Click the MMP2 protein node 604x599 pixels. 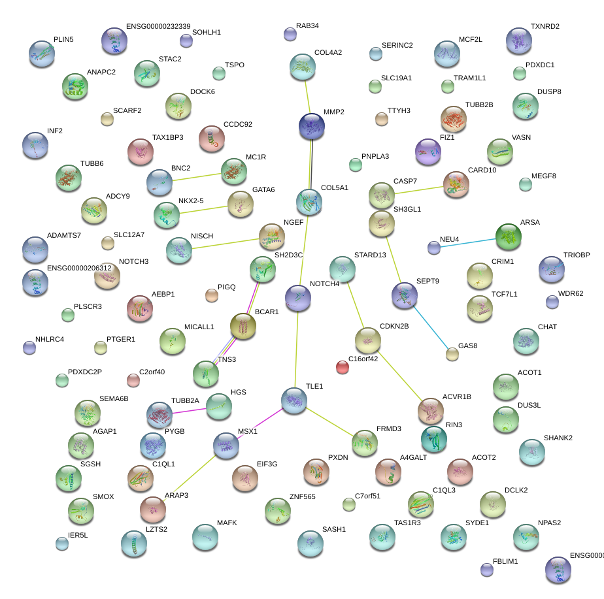pos(312,125)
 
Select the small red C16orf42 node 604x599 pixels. pos(343,367)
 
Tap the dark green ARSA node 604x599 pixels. pos(509,236)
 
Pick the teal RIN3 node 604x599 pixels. pos(434,439)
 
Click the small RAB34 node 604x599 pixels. pos(290,34)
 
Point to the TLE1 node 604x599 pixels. pos(294,400)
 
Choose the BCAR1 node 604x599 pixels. pos(243,326)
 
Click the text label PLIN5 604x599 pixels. pos(63,40)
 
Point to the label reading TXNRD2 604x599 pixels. pos(545,27)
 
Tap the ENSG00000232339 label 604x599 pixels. pos(158,27)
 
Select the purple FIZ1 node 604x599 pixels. pos(428,152)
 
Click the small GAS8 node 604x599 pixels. pos(452,354)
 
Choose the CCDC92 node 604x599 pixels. pos(212,138)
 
